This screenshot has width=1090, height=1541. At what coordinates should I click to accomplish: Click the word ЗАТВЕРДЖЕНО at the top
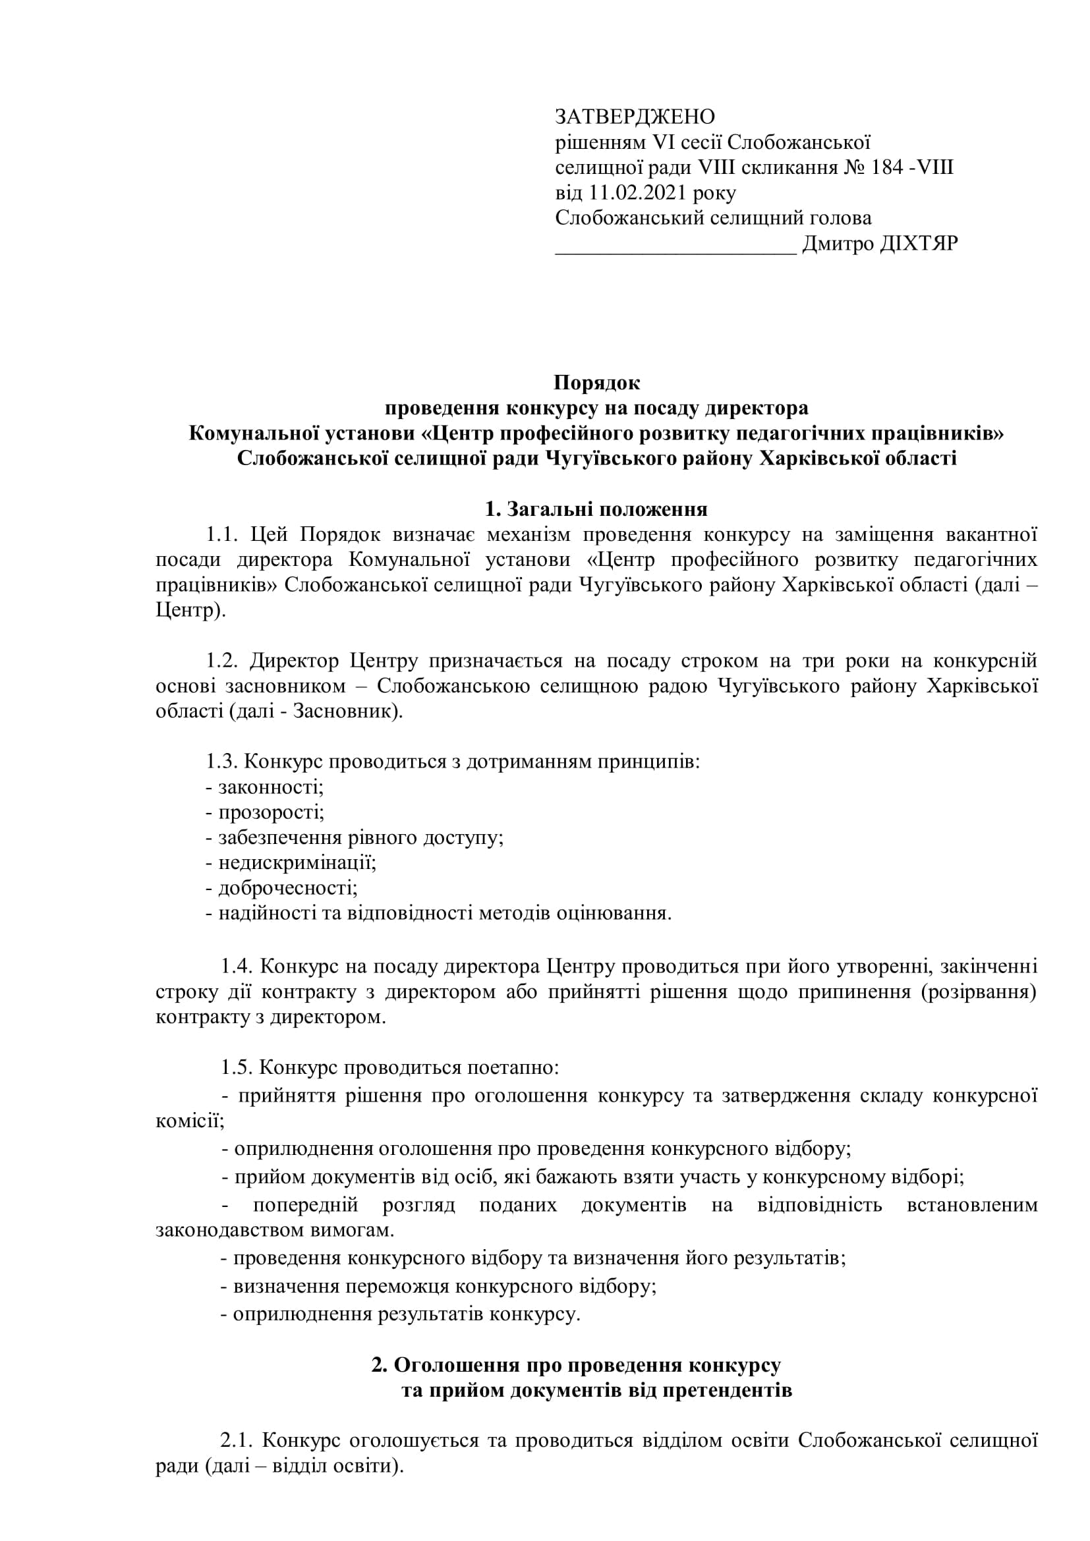click(x=634, y=117)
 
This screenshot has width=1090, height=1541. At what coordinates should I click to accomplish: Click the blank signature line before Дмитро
click(x=675, y=247)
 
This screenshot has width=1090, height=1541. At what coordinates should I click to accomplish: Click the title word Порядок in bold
click(x=596, y=383)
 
